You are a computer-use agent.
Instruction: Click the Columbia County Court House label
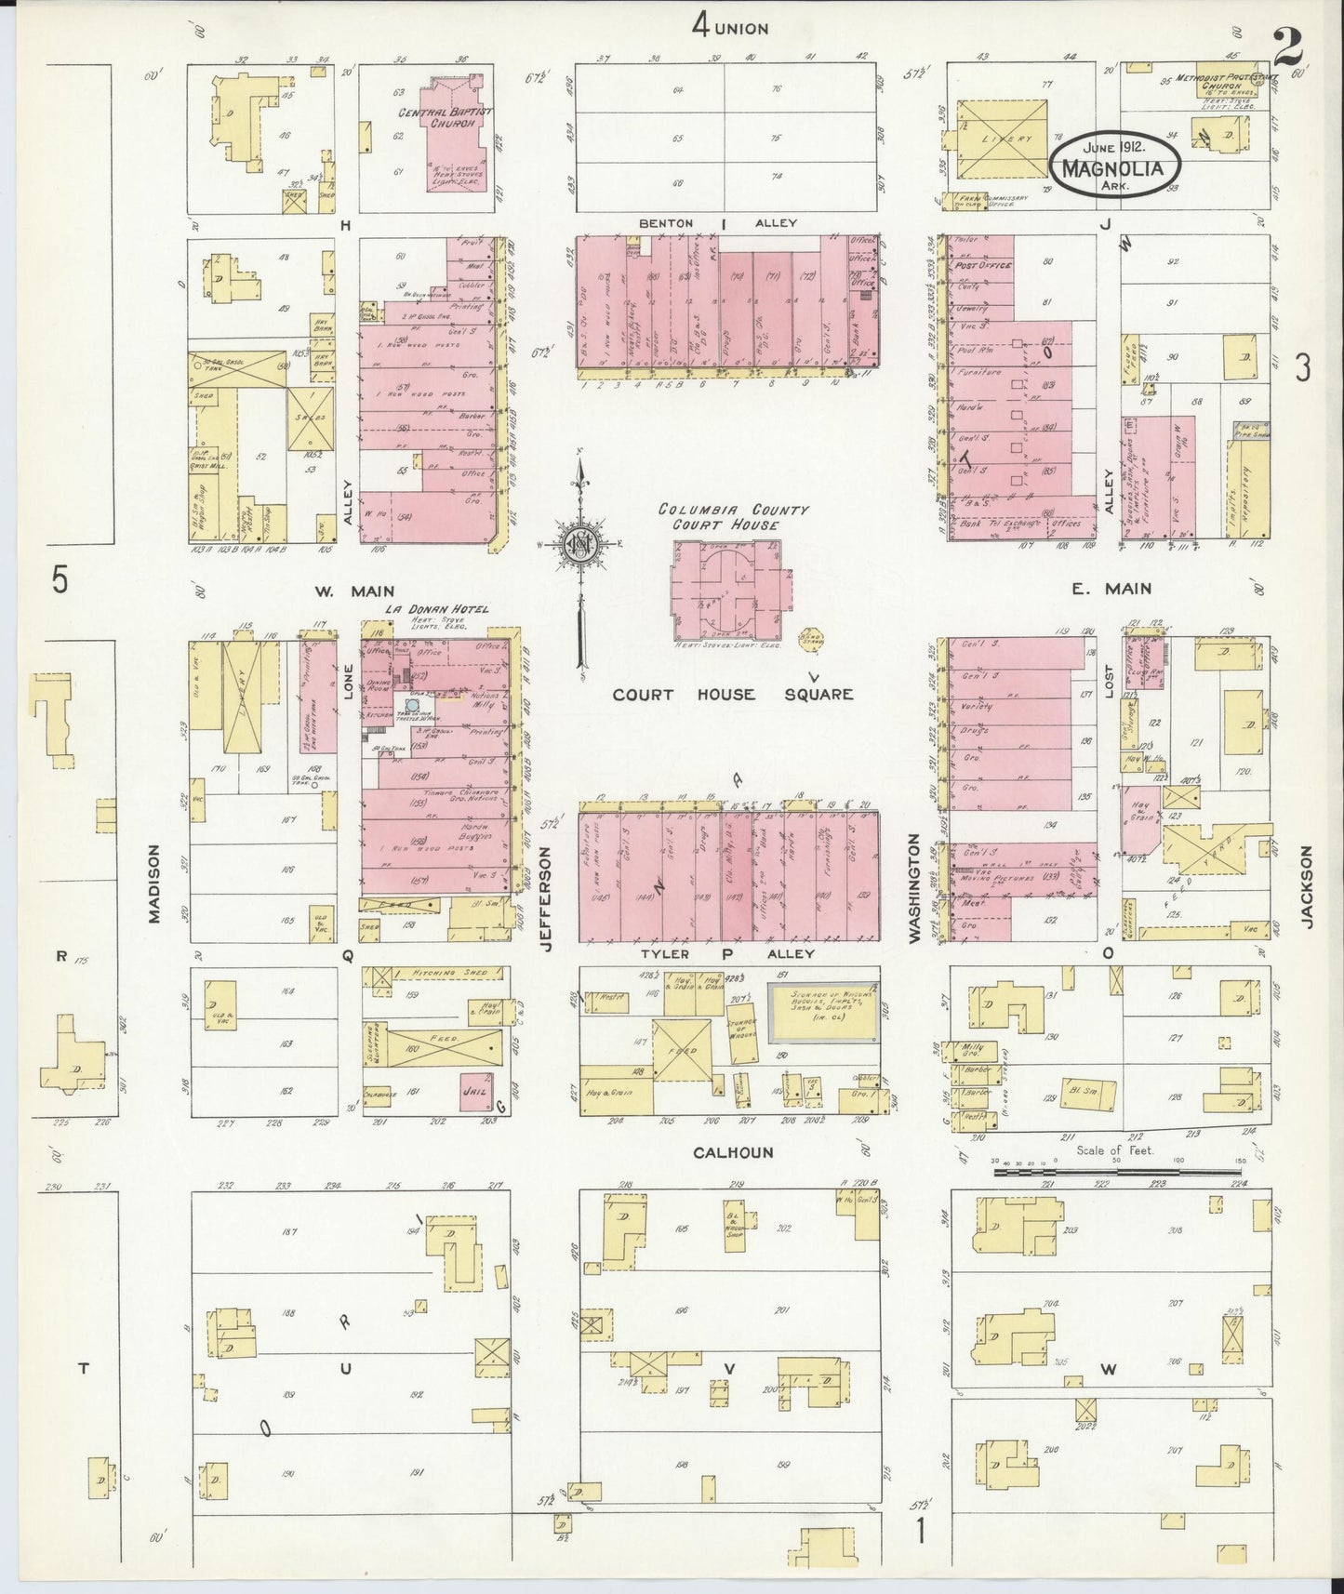733,517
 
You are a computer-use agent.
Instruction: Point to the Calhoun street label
733,1152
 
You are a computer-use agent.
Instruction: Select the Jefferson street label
547,899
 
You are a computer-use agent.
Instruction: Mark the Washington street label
914,888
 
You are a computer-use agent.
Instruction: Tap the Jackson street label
1307,886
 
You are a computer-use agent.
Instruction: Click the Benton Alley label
725,223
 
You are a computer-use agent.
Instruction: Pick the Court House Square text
732,694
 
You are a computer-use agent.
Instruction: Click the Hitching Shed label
446,972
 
